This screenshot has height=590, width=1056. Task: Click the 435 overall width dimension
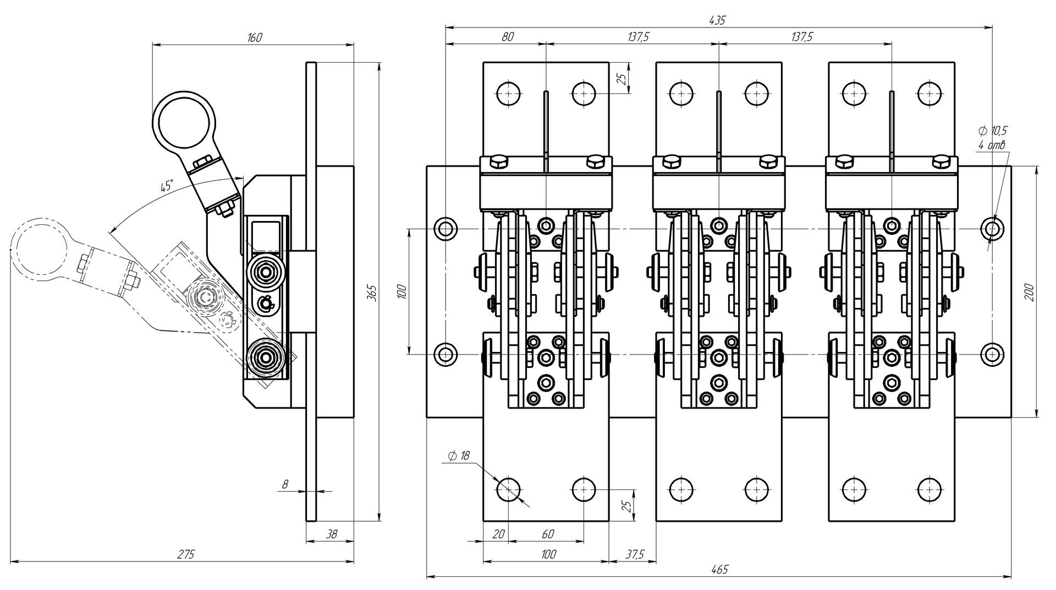718,20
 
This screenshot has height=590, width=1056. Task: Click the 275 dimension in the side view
186,554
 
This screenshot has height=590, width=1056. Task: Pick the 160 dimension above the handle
255,37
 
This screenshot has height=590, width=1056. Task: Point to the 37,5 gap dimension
634,554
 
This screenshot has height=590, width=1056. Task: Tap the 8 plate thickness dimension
285,484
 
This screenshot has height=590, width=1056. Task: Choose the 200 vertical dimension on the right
1029,291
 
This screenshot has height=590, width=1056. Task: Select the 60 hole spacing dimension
547,534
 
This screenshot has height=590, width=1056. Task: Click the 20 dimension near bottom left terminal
498,534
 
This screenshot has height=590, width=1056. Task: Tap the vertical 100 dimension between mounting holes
400,291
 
